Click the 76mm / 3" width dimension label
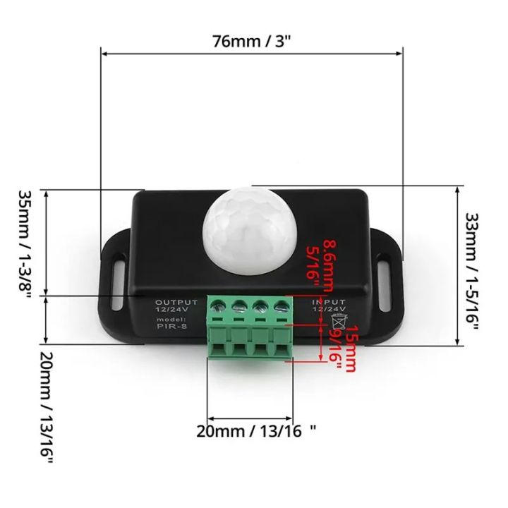tap(252, 40)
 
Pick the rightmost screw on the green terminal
tap(282, 306)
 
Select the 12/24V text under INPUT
tap(327, 309)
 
